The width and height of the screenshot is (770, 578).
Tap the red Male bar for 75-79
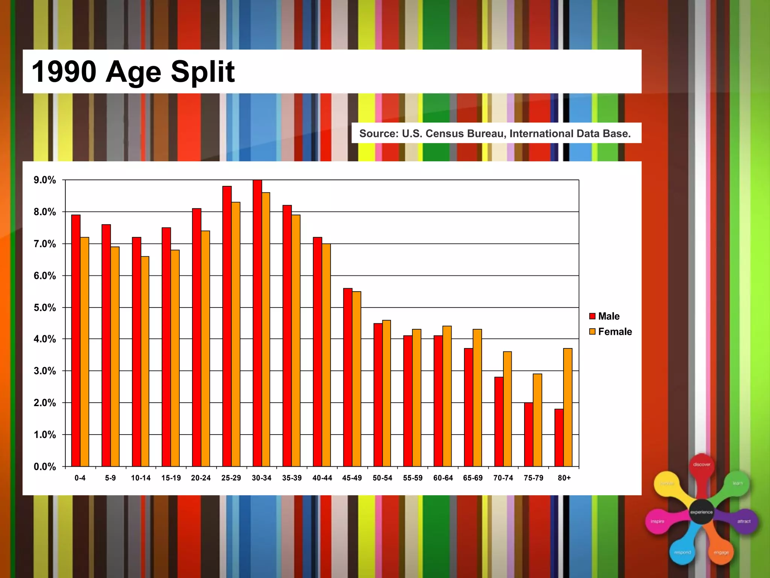click(x=529, y=434)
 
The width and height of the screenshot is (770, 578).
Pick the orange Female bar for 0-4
click(x=85, y=351)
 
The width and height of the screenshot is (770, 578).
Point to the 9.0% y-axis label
click(x=45, y=180)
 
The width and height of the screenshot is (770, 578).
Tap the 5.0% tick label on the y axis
click(x=45, y=308)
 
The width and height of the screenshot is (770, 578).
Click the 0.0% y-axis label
click(x=45, y=467)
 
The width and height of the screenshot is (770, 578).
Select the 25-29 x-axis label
click(x=231, y=478)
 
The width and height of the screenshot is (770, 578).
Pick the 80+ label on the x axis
click(x=564, y=478)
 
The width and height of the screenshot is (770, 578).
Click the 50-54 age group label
click(x=382, y=478)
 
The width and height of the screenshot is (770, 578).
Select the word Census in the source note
click(x=444, y=134)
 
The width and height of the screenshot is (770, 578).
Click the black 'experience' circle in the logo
click(x=702, y=512)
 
